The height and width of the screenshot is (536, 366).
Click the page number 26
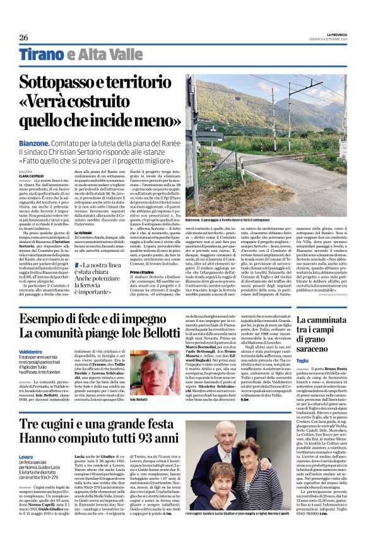pyautogui.click(x=24, y=37)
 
